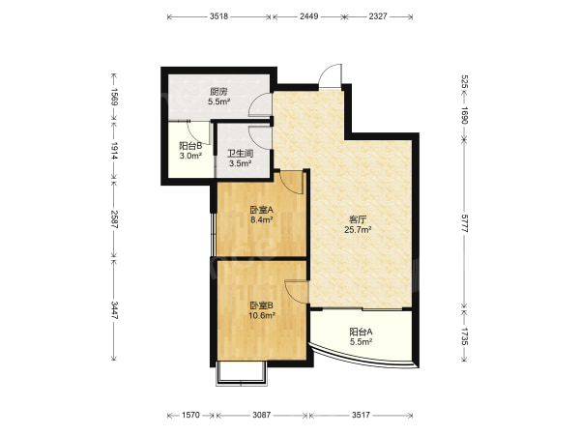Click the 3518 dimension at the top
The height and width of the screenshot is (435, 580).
pyautogui.click(x=218, y=16)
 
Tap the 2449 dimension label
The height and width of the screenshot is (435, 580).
pyautogui.click(x=309, y=16)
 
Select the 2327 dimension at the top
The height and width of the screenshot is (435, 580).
pyautogui.click(x=378, y=16)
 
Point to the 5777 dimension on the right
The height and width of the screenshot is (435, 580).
pyautogui.click(x=465, y=222)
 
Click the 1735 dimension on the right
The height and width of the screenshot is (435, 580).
pyautogui.click(x=465, y=336)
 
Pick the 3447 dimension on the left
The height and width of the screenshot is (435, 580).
pyautogui.click(x=114, y=310)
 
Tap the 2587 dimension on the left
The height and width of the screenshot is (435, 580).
pyautogui.click(x=114, y=219)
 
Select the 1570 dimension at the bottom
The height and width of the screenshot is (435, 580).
pyautogui.click(x=190, y=415)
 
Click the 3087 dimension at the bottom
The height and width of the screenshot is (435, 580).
pyautogui.click(x=262, y=415)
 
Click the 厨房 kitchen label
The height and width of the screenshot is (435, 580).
pyautogui.click(x=218, y=92)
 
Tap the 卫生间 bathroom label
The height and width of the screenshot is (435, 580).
pyautogui.click(x=240, y=153)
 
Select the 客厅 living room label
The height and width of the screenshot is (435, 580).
pyautogui.click(x=358, y=219)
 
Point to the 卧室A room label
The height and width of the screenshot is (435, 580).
pyautogui.click(x=262, y=210)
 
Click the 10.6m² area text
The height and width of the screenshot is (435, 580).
pyautogui.click(x=262, y=315)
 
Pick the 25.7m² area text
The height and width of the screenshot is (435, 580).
pyautogui.click(x=358, y=230)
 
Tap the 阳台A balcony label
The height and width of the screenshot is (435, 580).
pyautogui.click(x=361, y=332)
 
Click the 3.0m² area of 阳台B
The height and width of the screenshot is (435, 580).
pyautogui.click(x=190, y=156)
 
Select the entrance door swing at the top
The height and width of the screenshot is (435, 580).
pyautogui.click(x=330, y=75)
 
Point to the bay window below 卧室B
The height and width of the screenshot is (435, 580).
pyautogui.click(x=241, y=373)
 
